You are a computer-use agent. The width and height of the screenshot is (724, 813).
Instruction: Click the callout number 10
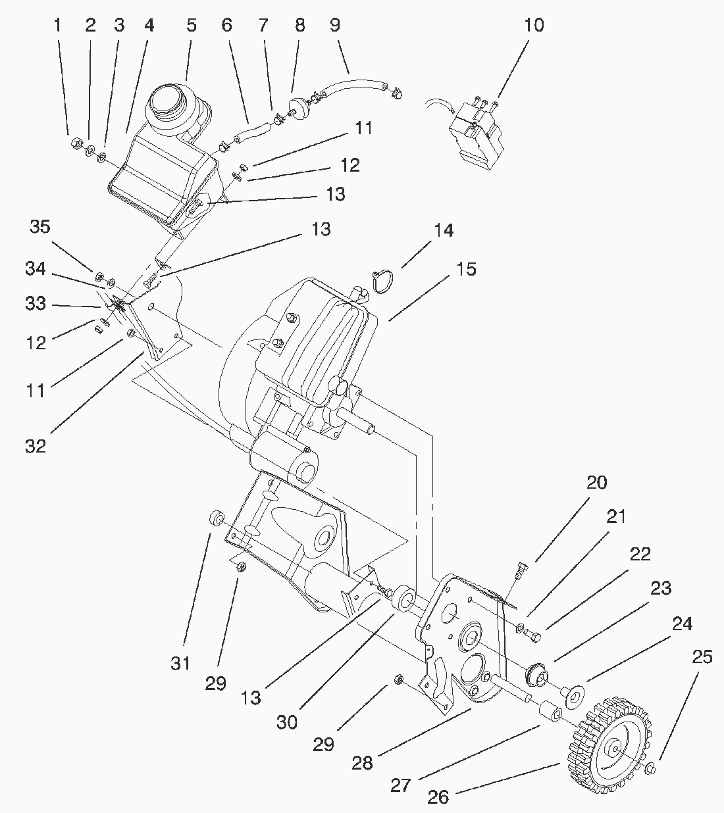(534, 26)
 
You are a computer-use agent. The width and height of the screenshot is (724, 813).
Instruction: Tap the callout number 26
(438, 797)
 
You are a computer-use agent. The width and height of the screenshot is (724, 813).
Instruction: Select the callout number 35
(39, 227)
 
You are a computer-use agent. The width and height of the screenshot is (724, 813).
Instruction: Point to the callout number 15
(466, 269)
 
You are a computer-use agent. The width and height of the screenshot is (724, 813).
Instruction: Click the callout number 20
(597, 482)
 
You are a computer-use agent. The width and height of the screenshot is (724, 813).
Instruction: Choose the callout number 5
(191, 26)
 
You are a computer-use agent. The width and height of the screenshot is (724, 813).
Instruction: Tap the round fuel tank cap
(168, 105)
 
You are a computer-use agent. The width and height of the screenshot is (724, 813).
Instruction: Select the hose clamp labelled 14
(380, 280)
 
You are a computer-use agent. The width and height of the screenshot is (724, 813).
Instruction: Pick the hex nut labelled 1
(75, 141)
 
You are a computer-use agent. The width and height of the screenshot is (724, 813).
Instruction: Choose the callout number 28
(363, 763)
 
